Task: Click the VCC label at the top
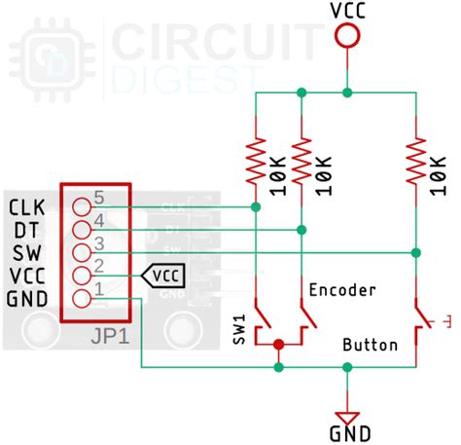(347, 11)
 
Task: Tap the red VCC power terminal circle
(347, 37)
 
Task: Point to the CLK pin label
(26, 206)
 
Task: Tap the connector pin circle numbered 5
(83, 206)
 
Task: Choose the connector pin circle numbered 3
(83, 252)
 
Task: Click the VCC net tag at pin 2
(163, 276)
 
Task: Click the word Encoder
(342, 289)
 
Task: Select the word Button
(371, 345)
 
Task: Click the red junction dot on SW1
(279, 345)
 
